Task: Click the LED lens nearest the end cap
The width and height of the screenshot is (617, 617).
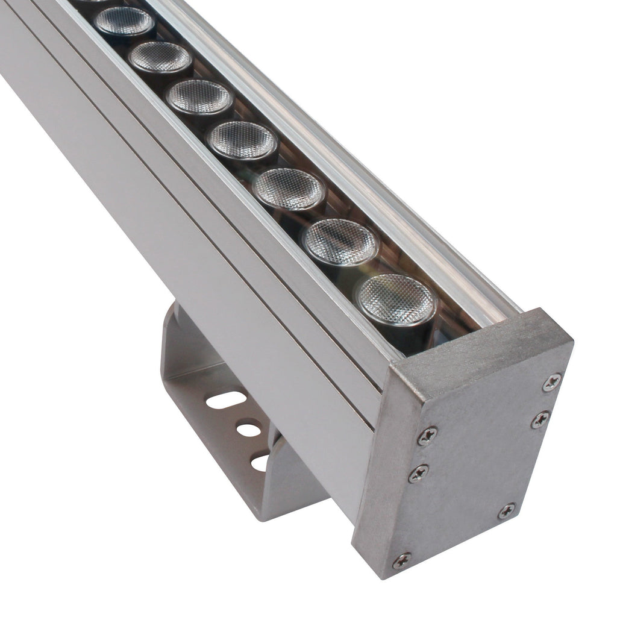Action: (396, 299)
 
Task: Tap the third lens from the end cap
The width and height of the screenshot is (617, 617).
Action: (289, 189)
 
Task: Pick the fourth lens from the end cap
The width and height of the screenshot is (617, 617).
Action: (242, 141)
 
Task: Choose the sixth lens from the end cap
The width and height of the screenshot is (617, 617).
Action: (160, 57)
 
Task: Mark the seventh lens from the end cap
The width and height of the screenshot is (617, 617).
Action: (125, 22)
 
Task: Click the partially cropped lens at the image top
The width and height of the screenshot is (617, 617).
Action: (96, 2)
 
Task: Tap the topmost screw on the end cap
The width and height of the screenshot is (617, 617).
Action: (551, 382)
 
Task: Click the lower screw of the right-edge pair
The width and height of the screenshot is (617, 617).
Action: (540, 419)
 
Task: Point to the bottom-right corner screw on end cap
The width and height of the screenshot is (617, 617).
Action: (507, 511)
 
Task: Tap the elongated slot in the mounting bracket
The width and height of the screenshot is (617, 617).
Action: (225, 400)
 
